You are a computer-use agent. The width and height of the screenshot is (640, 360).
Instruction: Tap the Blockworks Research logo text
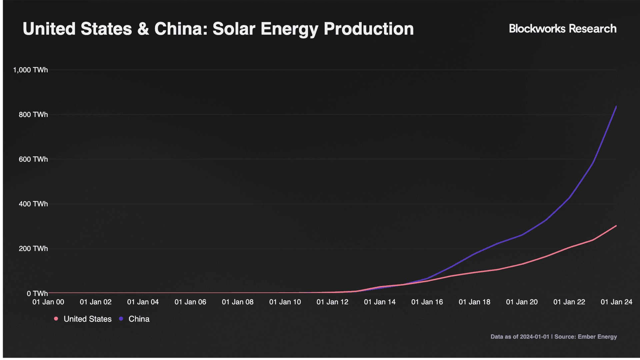[x=563, y=29]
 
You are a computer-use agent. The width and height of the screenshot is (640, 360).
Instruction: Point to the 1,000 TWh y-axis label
[x=30, y=70]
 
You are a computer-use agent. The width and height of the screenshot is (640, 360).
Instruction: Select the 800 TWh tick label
[x=33, y=115]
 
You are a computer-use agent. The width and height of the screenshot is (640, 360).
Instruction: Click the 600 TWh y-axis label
[x=33, y=159]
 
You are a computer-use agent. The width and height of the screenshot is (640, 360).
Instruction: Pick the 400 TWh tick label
[x=33, y=204]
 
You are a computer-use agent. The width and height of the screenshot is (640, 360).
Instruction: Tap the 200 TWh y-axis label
[x=33, y=249]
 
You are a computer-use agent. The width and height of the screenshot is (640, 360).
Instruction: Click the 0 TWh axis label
[x=37, y=293]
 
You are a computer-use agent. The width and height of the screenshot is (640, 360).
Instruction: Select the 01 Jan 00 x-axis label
[x=48, y=302]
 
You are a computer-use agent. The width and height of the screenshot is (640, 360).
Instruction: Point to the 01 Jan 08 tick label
[x=238, y=302]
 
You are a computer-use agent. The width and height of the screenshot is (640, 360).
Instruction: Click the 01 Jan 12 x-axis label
[x=332, y=302]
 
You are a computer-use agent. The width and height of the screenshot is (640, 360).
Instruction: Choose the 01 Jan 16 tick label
[x=427, y=302]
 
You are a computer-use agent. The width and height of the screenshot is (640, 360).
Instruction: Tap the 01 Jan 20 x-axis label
[x=522, y=302]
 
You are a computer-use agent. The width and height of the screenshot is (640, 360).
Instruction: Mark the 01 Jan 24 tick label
[x=616, y=302]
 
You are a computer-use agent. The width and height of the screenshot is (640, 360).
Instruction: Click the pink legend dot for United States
[x=56, y=319]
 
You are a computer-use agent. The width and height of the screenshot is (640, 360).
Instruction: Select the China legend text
[x=139, y=319]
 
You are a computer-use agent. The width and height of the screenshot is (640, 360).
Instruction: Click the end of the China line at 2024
[x=616, y=106]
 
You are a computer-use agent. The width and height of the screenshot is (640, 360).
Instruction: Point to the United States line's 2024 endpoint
[x=616, y=226]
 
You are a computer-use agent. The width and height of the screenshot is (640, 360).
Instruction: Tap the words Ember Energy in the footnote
[x=597, y=337]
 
